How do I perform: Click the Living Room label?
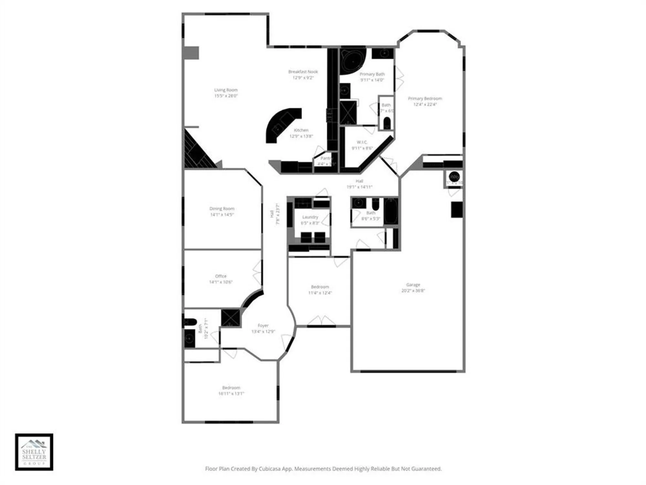pyautogui.click(x=226, y=90)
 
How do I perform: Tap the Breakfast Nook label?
pyautogui.click(x=303, y=72)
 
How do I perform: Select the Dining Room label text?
pyautogui.click(x=222, y=209)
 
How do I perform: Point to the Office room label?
pyautogui.click(x=221, y=276)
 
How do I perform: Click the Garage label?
pyautogui.click(x=413, y=285)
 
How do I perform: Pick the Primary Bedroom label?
pyautogui.click(x=425, y=98)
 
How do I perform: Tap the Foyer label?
pyautogui.click(x=263, y=326)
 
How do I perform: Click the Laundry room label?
pyautogui.click(x=310, y=217)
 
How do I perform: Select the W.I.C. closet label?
pyautogui.click(x=362, y=142)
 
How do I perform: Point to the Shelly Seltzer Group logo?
pyautogui.click(x=34, y=452)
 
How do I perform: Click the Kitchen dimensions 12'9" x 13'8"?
pyautogui.click(x=301, y=136)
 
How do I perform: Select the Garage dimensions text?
pyautogui.click(x=413, y=291)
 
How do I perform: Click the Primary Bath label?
pyautogui.click(x=372, y=74)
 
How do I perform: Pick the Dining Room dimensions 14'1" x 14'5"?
pyautogui.click(x=222, y=214)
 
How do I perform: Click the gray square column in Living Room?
pyautogui.click(x=191, y=53)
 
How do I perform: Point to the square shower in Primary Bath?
pyautogui.click(x=348, y=113)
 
